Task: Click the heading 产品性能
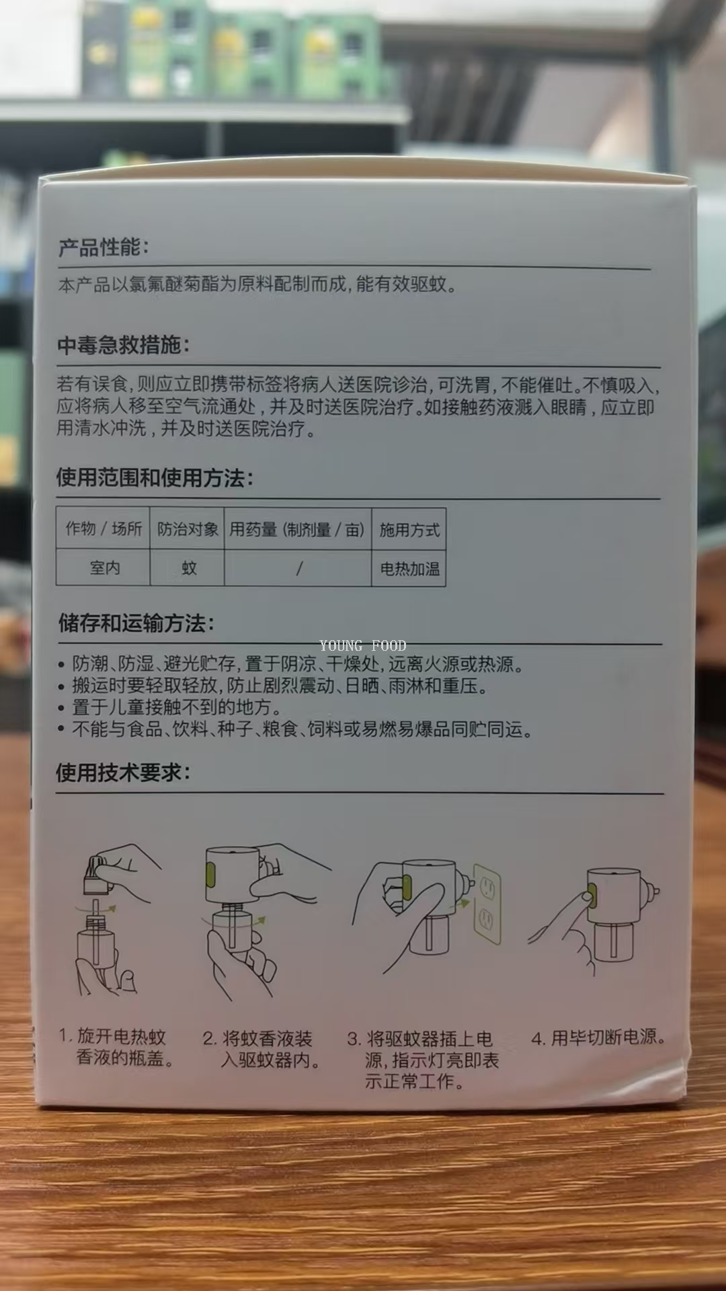[103, 247]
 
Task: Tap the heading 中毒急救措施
[123, 345]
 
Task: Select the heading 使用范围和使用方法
[155, 478]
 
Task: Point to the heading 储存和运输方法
[136, 623]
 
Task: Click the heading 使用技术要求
[123, 773]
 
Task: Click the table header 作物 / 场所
[104, 529]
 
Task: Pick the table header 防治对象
[188, 529]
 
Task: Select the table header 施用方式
[409, 530]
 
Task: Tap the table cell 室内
[105, 568]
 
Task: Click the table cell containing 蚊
[189, 568]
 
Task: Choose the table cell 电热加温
[409, 569]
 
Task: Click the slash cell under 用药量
[299, 569]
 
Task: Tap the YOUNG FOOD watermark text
[363, 645]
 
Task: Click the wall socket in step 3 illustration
[487, 904]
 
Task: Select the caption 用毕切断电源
[598, 1038]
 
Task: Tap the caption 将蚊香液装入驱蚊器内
[261, 1049]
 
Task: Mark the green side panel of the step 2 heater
[210, 874]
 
